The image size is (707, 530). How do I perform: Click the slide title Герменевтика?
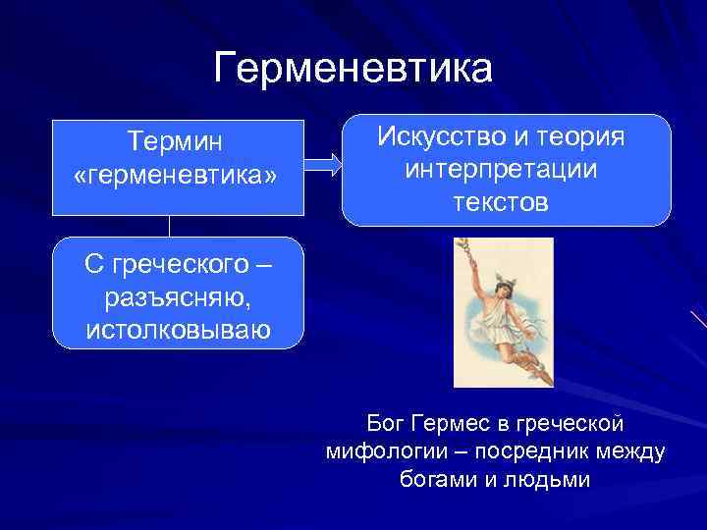coord(353,69)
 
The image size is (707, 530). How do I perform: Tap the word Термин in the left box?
coord(176,142)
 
